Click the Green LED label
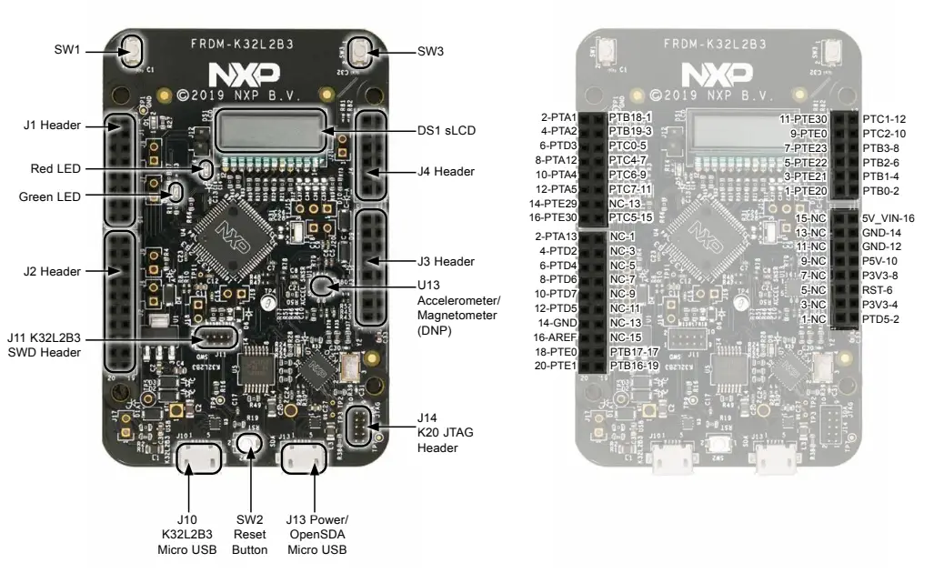click(50, 196)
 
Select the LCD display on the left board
click(268, 132)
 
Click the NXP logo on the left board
click(243, 74)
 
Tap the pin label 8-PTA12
click(557, 160)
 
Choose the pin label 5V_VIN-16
click(888, 218)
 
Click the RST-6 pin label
click(879, 289)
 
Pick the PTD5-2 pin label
click(880, 318)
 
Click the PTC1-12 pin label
click(883, 119)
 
